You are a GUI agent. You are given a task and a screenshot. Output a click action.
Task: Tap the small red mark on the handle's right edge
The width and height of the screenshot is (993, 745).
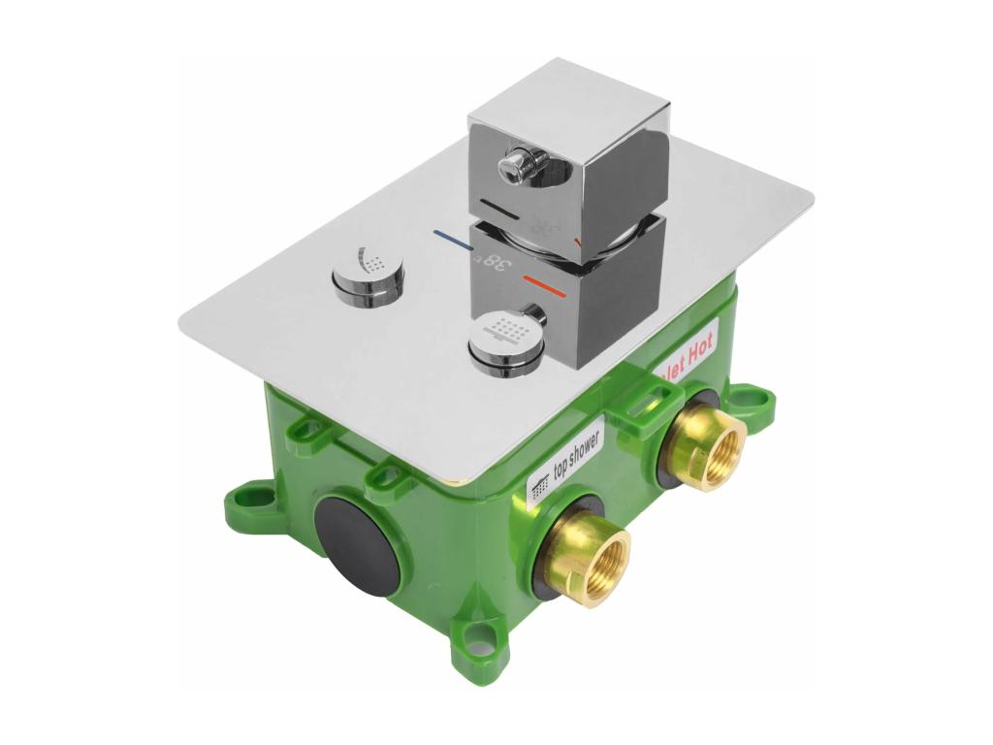pos(579,239)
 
